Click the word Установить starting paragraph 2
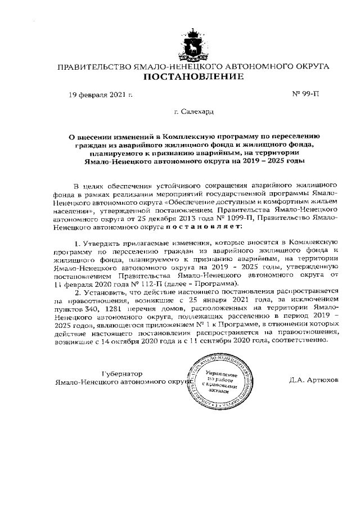pyautogui.click(x=102, y=291)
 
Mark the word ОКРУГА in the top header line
pyautogui.click(x=311, y=66)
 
